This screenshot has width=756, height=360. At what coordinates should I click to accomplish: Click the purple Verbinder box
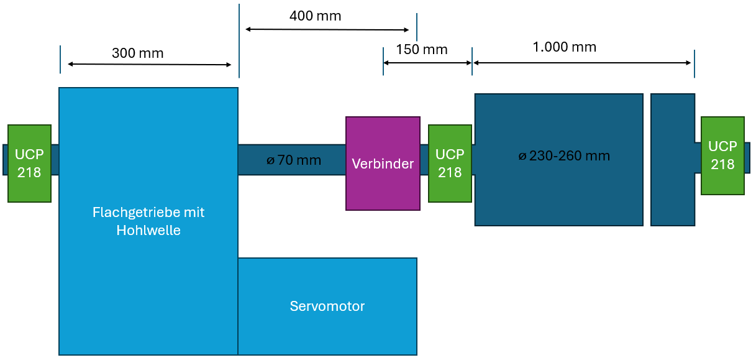pyautogui.click(x=383, y=187)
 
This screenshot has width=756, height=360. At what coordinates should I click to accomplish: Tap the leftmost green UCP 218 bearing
pyautogui.click(x=29, y=164)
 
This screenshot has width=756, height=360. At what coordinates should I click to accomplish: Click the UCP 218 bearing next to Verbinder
pyautogui.click(x=450, y=164)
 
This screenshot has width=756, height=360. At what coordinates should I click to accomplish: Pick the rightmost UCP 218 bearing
pyautogui.click(x=722, y=155)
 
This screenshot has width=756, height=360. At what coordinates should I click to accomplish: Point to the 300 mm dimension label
pyautogui.click(x=137, y=53)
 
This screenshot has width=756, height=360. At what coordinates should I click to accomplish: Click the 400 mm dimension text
pyautogui.click(x=315, y=16)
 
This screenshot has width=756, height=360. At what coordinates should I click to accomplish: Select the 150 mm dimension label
pyautogui.click(x=421, y=50)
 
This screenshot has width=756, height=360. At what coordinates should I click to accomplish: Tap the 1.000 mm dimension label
pyautogui.click(x=564, y=47)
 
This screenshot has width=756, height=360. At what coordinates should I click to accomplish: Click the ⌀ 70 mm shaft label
pyautogui.click(x=294, y=160)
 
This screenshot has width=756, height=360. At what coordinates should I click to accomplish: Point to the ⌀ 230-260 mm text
pyautogui.click(x=564, y=156)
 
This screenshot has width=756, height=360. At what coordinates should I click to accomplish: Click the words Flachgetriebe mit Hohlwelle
pyautogui.click(x=148, y=221)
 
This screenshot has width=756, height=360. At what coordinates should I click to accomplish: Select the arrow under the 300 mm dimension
pyautogui.click(x=149, y=65)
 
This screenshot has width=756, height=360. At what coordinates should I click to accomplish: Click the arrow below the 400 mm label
pyautogui.click(x=327, y=29)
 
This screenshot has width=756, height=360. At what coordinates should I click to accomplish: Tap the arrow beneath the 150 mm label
pyautogui.click(x=427, y=63)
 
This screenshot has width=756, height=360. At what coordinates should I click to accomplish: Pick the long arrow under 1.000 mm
pyautogui.click(x=582, y=63)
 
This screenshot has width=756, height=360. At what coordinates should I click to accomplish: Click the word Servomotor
pyautogui.click(x=327, y=306)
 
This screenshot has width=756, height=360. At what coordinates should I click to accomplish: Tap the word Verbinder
pyautogui.click(x=383, y=164)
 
